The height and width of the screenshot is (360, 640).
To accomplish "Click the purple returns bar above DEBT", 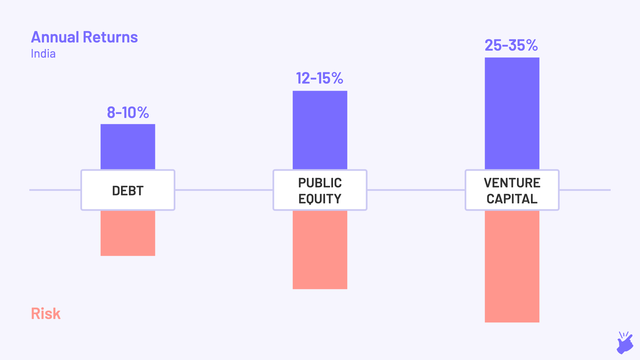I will (x=128, y=147).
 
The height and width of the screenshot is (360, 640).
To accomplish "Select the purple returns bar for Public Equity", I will (x=320, y=130).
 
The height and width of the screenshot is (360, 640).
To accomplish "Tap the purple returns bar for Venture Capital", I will (x=512, y=113).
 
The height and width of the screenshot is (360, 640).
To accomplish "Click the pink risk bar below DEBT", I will (x=128, y=233).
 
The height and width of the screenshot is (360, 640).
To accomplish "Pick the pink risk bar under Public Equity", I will (x=320, y=250).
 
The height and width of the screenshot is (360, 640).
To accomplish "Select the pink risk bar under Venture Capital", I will (x=512, y=266).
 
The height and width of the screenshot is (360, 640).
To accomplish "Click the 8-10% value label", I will (x=128, y=113).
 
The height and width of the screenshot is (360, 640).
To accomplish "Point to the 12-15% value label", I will (x=319, y=79).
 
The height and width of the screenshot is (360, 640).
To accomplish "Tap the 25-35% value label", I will (x=511, y=45).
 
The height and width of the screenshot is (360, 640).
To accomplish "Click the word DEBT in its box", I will (x=128, y=191).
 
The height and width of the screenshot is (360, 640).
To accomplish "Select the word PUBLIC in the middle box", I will (x=320, y=183).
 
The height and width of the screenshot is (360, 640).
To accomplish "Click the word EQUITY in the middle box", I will (x=320, y=199).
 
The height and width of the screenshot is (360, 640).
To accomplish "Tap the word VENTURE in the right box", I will (x=512, y=183).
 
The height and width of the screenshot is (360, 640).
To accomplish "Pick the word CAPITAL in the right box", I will (x=512, y=199).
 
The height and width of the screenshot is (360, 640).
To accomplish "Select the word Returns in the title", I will (x=110, y=37).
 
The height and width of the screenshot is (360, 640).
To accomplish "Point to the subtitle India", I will (x=43, y=54).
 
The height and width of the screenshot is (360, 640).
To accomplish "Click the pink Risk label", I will (x=46, y=314).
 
